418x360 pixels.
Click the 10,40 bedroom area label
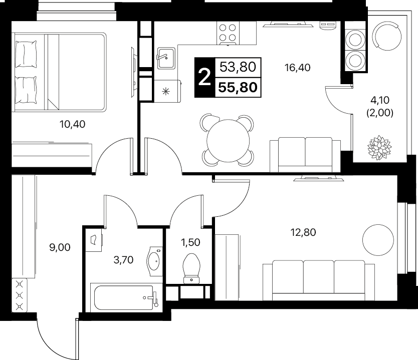pos(73,124)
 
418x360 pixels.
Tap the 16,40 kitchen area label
pos(298,68)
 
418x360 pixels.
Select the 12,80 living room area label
pos(303,232)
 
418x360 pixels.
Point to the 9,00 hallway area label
pos(60,248)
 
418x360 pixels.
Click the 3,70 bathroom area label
pos(123,260)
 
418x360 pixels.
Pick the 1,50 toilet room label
pos(190,242)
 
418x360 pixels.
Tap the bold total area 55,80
pos(238,87)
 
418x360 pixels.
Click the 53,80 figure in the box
pos(238,67)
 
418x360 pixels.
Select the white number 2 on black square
pos(204,77)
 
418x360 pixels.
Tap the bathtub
pos(124,298)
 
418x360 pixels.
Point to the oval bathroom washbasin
pos(154,261)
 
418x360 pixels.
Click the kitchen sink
pos(166,58)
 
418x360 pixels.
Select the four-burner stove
pos(228,33)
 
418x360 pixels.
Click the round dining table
pos(228,141)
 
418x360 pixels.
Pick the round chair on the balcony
pos(387,36)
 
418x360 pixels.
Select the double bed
pos(59,72)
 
